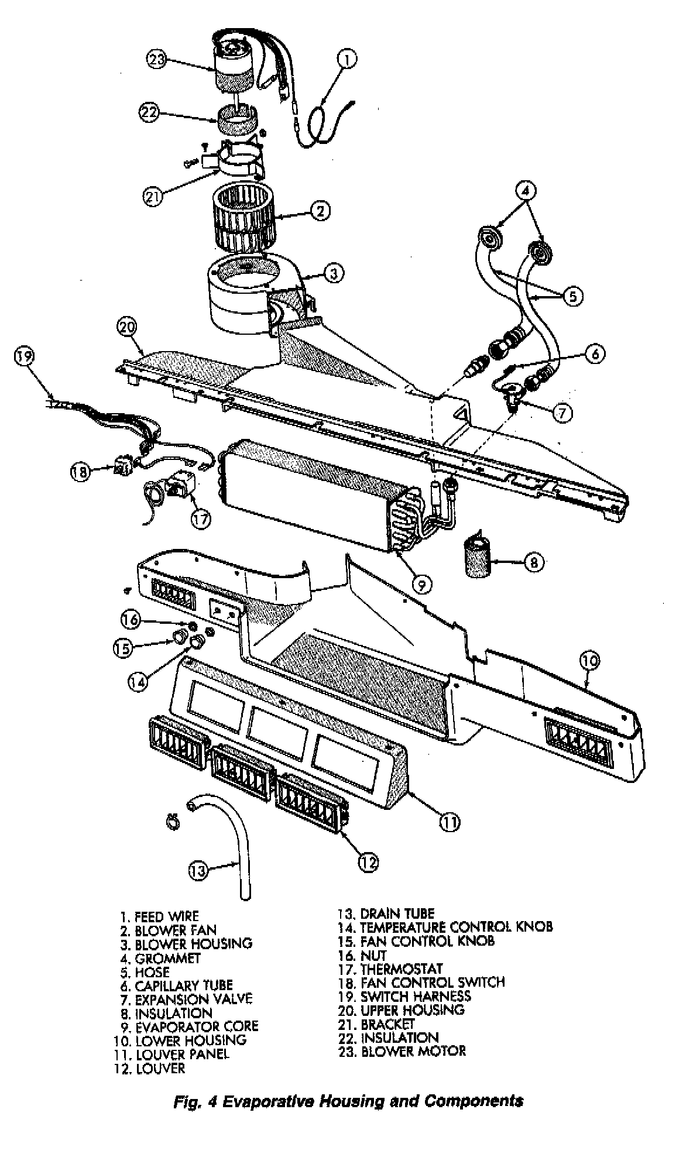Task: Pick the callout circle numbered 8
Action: click(x=533, y=562)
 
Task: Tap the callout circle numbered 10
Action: click(x=590, y=661)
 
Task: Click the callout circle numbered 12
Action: click(x=368, y=862)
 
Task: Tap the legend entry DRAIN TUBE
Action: click(x=386, y=913)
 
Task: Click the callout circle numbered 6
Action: click(x=593, y=354)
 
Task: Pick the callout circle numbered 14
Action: click(x=137, y=681)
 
